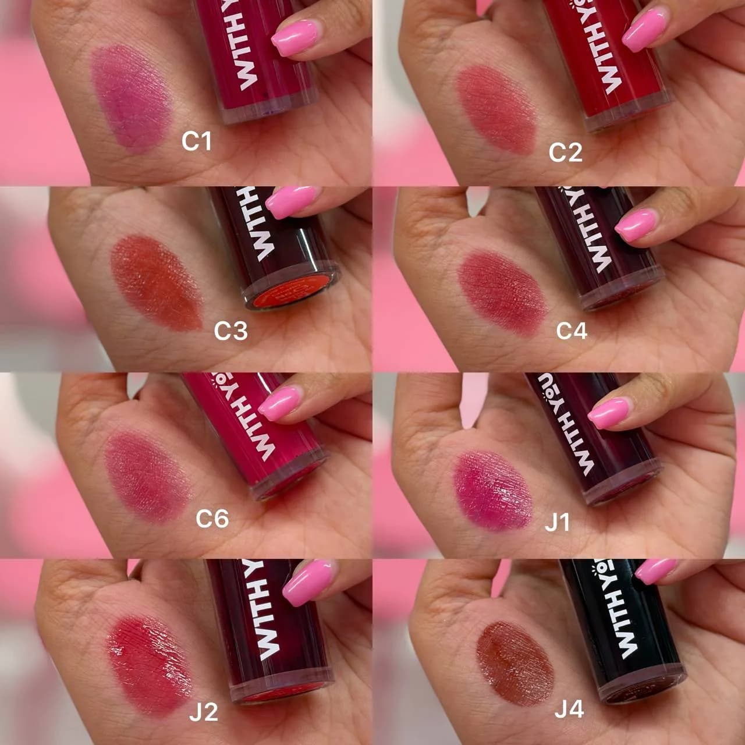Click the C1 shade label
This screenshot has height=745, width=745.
point(197,141)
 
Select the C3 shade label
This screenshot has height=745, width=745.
point(231,331)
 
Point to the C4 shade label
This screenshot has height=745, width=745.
point(572,331)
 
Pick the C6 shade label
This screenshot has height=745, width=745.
point(212,519)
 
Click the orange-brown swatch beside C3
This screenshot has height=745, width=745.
point(157,283)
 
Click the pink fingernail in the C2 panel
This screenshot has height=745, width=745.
point(645,29)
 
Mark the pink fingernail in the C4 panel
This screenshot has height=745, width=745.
point(635,226)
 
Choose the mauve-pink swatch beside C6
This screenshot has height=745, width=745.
point(148,477)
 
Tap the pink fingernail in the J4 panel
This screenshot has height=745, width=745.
point(656,571)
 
